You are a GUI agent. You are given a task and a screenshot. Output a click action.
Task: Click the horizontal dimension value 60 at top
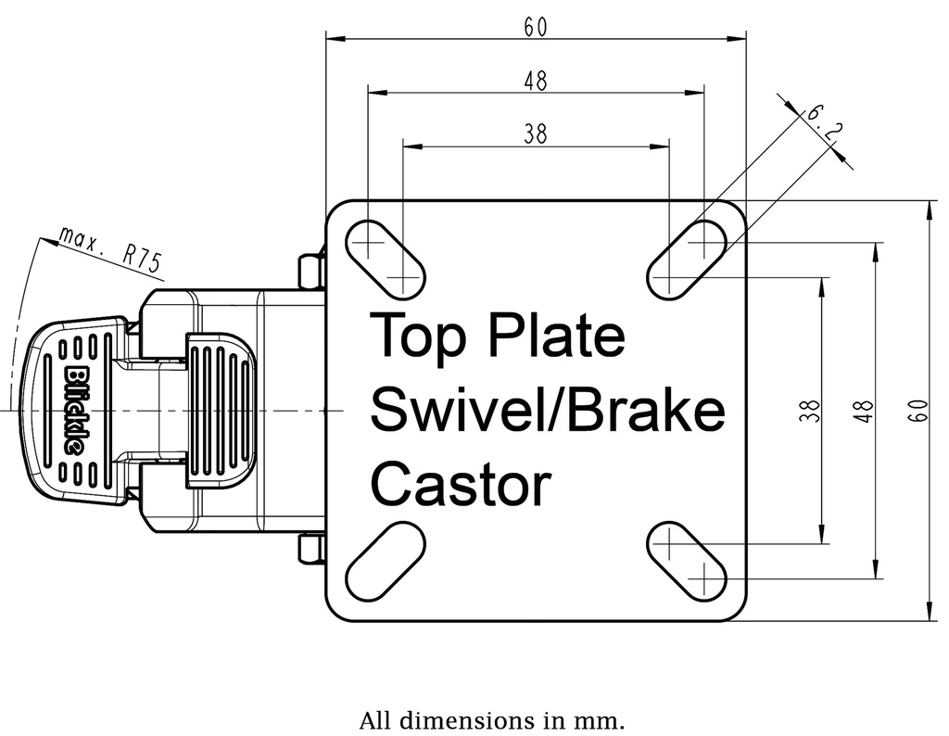coord(535,28)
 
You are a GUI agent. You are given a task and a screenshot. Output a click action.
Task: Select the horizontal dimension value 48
coord(535,82)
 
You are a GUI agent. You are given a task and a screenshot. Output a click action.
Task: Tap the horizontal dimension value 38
coord(535,135)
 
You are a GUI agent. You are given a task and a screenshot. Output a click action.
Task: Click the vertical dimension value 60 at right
coord(917,410)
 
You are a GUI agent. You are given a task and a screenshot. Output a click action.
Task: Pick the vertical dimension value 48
coord(865,410)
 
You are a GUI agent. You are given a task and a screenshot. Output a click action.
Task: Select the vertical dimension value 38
coord(811,410)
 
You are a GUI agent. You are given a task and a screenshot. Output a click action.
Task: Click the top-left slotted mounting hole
coord(386,260)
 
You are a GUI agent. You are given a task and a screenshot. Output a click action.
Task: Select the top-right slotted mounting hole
coord(687,260)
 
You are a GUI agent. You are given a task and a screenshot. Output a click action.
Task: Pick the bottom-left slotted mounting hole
coord(386,562)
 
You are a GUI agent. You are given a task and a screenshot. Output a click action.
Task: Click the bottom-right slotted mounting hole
coord(687,562)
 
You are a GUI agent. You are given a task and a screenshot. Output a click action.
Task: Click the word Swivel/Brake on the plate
coord(547,410)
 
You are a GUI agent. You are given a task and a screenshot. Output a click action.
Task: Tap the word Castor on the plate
coord(461,484)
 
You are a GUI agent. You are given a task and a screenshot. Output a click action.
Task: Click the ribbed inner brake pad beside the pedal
coord(221,410)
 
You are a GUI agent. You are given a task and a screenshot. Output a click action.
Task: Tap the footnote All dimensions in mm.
coord(492,719)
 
